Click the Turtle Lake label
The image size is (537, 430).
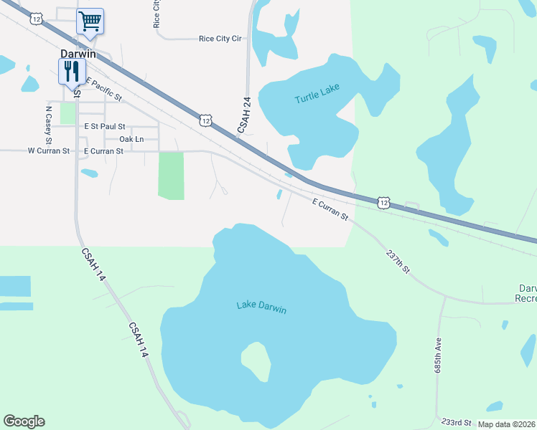[x=317, y=98]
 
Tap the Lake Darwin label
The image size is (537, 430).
[x=261, y=308]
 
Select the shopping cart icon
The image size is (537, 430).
[x=90, y=21]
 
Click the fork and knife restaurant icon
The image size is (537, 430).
[x=71, y=72]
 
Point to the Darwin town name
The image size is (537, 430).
[x=78, y=54]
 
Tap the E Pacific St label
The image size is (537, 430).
[x=104, y=89]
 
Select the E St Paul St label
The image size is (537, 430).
[x=104, y=126]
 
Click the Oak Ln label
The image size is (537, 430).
[x=131, y=139]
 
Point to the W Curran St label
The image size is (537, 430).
[x=48, y=151]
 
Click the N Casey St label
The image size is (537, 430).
[x=48, y=122]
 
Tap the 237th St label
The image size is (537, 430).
[x=397, y=262]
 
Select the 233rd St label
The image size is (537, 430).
[x=457, y=423]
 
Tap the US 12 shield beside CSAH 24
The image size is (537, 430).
[x=206, y=121]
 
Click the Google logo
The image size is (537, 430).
[x=24, y=421]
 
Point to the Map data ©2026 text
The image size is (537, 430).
[x=507, y=425]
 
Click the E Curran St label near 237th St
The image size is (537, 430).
[x=330, y=209]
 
